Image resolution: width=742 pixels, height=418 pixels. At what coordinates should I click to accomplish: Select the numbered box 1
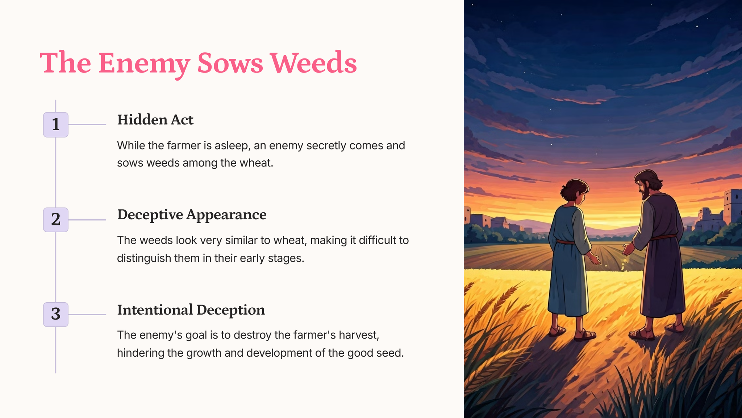[x=56, y=124]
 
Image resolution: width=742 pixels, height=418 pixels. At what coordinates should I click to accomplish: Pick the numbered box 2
[x=56, y=220]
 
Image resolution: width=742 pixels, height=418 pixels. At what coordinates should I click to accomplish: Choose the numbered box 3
[x=56, y=314]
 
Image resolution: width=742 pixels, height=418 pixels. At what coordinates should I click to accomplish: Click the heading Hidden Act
[x=155, y=120]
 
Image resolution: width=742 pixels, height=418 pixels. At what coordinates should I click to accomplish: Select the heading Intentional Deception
[x=191, y=310]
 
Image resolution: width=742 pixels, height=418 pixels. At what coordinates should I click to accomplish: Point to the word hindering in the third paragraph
[x=141, y=353]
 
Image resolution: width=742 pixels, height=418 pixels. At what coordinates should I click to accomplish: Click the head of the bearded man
[x=648, y=184]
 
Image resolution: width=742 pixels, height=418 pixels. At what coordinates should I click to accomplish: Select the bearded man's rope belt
[x=664, y=238]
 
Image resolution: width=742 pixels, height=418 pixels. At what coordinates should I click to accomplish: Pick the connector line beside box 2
[x=87, y=220]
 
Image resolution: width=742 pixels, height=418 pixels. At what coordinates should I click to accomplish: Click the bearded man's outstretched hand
[x=628, y=249]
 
